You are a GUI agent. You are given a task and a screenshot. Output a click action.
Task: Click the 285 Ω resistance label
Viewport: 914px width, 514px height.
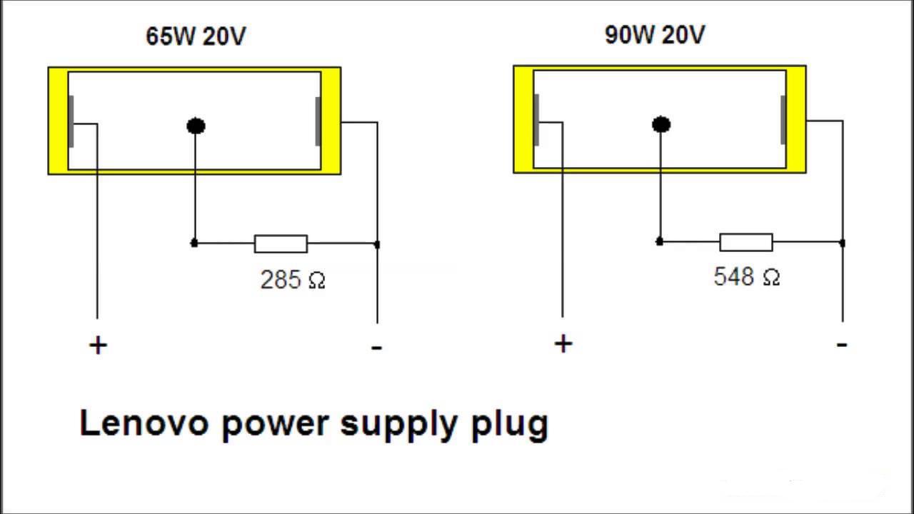[x=293, y=279]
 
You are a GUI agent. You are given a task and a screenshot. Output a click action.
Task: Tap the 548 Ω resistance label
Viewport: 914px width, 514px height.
[x=746, y=277]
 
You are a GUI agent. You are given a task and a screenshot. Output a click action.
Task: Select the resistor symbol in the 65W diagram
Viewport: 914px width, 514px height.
[x=281, y=244]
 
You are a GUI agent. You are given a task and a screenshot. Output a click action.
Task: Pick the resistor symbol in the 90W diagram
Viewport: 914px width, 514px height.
[x=745, y=243]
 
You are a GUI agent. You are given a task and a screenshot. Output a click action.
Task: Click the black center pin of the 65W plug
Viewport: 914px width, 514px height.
[x=196, y=126]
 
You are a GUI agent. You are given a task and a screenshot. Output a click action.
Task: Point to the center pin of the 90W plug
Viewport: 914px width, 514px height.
[x=661, y=125]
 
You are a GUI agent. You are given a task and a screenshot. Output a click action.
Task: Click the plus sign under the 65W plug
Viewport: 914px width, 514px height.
[x=98, y=346]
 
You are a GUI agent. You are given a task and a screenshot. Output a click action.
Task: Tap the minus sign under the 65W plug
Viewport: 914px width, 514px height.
[x=376, y=348]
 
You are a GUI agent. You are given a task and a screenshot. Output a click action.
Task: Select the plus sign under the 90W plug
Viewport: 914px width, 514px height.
[x=563, y=344]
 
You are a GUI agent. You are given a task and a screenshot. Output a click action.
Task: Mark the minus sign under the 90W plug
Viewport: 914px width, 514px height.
[x=842, y=345]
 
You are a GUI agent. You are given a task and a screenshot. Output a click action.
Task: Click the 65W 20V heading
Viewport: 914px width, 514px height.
[x=196, y=36]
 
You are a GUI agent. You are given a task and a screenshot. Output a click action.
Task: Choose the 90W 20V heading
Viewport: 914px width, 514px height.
[x=655, y=35]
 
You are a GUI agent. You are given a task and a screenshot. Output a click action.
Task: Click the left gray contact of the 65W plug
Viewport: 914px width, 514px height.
[x=71, y=121]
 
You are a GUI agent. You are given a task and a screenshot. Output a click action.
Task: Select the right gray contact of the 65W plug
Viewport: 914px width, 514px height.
[x=318, y=121]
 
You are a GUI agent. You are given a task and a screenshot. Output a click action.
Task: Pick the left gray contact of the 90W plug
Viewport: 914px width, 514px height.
[x=536, y=120]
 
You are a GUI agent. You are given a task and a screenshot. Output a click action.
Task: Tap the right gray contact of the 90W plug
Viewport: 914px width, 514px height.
[x=783, y=120]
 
